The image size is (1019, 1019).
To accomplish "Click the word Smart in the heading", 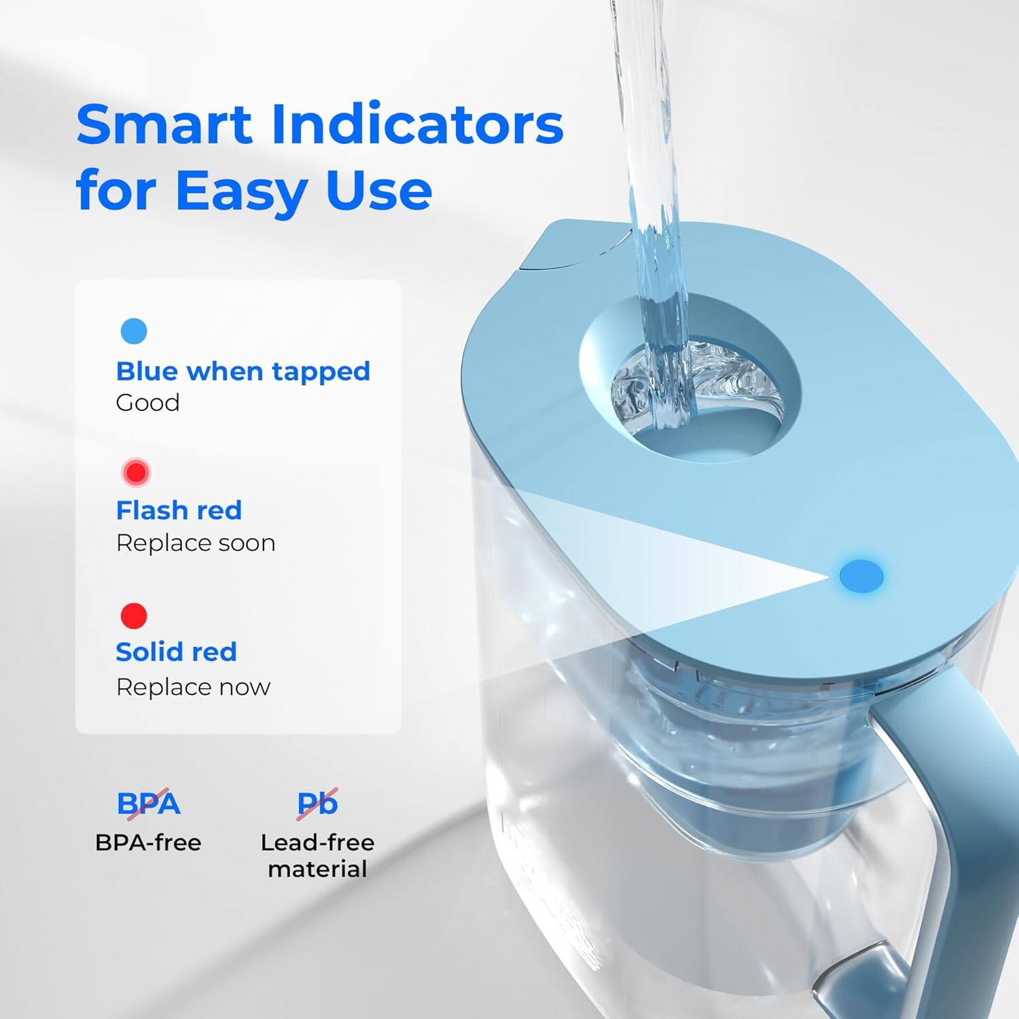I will point(164,125).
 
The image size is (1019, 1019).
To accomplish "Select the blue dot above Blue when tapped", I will point(134,331).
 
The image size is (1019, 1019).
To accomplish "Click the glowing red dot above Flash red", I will point(136,472).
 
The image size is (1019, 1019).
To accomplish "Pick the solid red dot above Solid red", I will point(134,615).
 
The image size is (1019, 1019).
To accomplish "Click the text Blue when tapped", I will point(243,372).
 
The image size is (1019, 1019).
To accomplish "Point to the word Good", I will point(147,403).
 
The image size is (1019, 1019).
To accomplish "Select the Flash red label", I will point(179,510).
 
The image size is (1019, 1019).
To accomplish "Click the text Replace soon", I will point(196,543).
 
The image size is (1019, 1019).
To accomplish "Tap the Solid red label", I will point(176,652).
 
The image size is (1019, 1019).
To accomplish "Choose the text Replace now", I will point(193,687).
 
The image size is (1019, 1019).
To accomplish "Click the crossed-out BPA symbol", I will point(148,804).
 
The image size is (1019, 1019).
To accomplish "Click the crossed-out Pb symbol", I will point(317,804).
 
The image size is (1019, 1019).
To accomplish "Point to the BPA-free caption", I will point(148,843).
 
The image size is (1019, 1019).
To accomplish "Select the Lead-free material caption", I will point(317,856).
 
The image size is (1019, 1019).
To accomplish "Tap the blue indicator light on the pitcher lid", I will point(861,576).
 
